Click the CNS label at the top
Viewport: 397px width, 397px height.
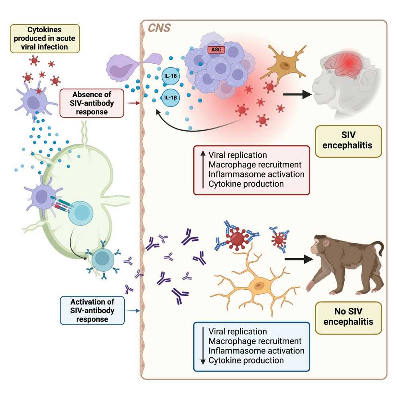[x=160, y=29]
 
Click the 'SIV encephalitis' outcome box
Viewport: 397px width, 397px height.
[x=348, y=141]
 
